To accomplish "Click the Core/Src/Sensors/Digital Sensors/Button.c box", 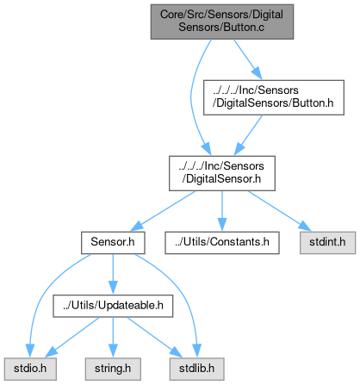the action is pyautogui.click(x=222, y=22).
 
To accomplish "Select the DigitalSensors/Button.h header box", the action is pyautogui.click(x=274, y=97).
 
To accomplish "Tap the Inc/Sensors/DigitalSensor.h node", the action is pyautogui.click(x=222, y=173).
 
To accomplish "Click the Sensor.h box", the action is pyautogui.click(x=113, y=243).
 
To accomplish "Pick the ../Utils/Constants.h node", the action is pyautogui.click(x=222, y=243).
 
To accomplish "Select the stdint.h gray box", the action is pyautogui.click(x=327, y=243).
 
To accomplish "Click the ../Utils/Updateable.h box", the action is pyautogui.click(x=113, y=306).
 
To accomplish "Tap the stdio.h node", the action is pyautogui.click(x=30, y=369).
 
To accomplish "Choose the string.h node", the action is pyautogui.click(x=113, y=369).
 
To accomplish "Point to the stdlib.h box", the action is pyautogui.click(x=196, y=369).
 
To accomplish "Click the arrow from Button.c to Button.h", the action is pyautogui.click(x=247, y=59).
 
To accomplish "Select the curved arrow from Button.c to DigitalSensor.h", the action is pyautogui.click(x=191, y=97).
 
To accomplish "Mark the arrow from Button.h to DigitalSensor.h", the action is pyautogui.click(x=249, y=135).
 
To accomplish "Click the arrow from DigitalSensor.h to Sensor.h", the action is pyautogui.click(x=163, y=211).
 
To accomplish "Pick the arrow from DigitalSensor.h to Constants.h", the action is pyautogui.click(x=222, y=211).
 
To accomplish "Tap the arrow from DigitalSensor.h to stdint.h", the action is pyautogui.click(x=280, y=211).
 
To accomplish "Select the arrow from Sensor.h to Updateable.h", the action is pyautogui.click(x=113, y=274).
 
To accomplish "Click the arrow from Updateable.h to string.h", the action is pyautogui.click(x=113, y=338).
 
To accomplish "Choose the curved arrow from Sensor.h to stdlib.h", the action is pyautogui.click(x=182, y=290).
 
